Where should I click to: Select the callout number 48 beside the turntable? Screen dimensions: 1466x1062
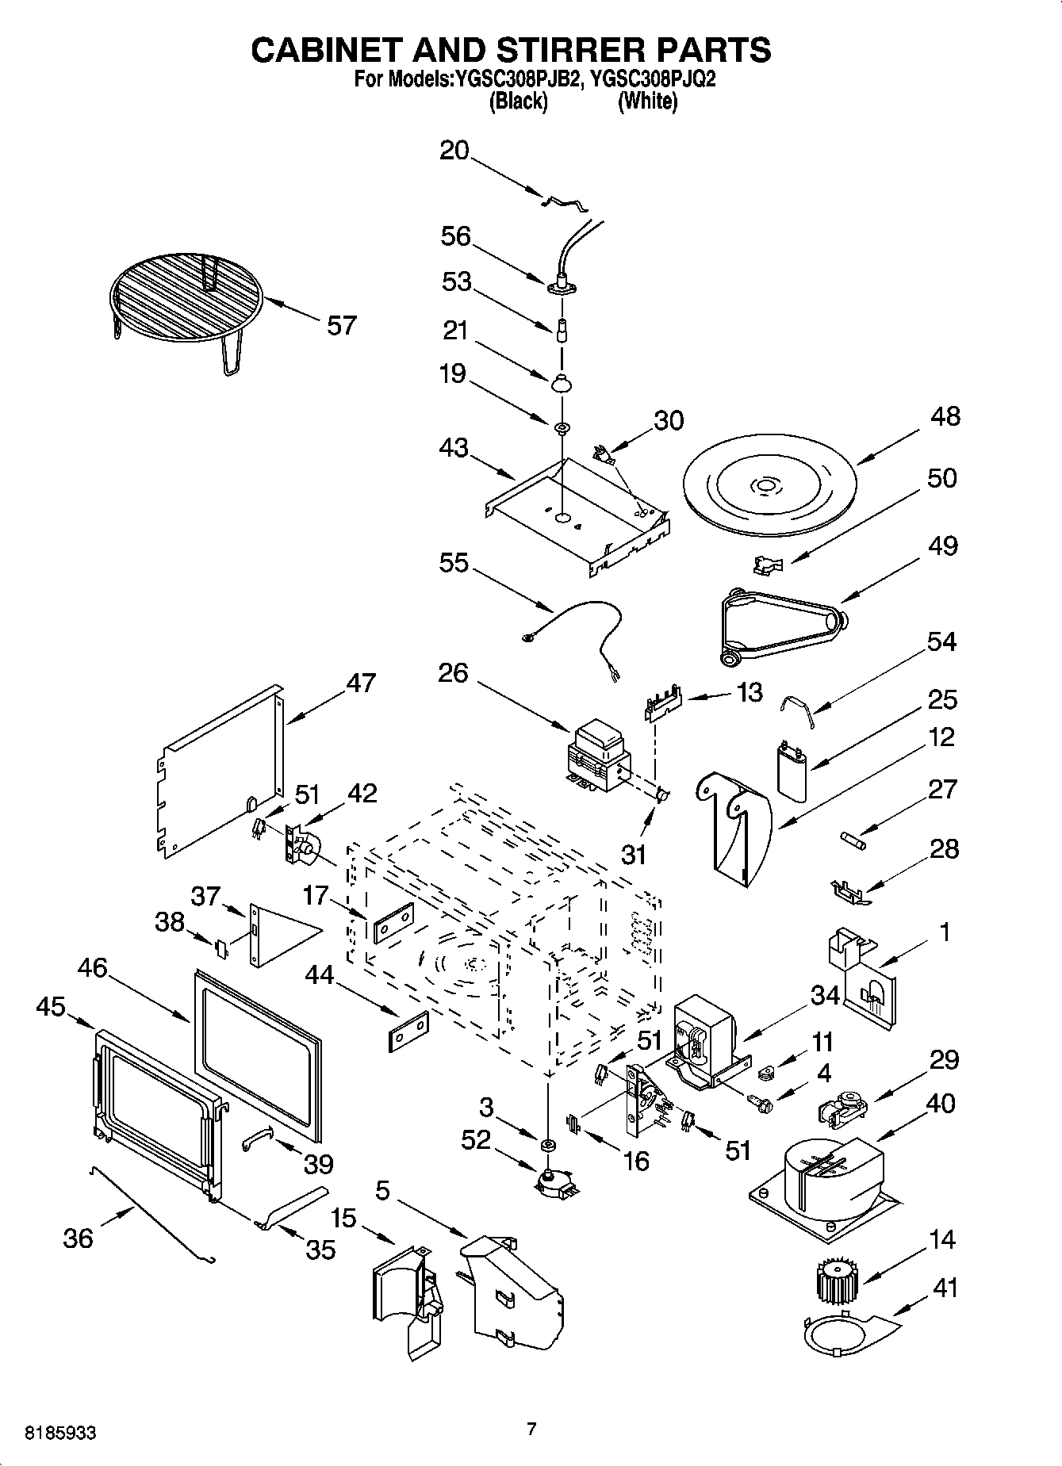942,416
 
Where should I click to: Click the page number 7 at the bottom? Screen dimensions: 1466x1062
531,1429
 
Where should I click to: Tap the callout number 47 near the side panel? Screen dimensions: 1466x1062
361,683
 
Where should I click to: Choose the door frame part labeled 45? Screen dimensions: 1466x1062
155,1110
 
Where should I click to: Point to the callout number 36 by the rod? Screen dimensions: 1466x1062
78,1238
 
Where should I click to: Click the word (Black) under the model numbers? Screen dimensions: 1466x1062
519,101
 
